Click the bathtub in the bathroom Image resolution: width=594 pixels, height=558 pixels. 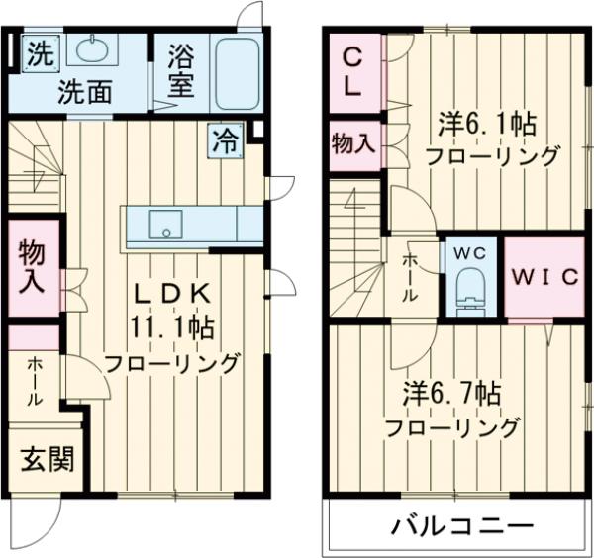pos(237,72)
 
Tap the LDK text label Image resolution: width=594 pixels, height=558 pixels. pos(173,294)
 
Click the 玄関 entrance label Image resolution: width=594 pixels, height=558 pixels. pos(46,459)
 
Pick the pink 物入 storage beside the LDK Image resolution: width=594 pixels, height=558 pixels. pos(31,266)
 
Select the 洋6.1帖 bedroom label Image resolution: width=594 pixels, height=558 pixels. pos(489,126)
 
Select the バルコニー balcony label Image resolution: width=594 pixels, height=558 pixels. pos(460,525)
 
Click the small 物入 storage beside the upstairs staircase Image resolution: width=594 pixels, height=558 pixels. pos(352,144)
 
